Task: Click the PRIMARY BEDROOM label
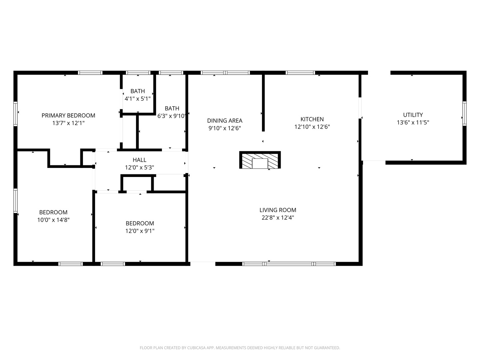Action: [68, 115]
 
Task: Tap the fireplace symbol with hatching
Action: [260, 160]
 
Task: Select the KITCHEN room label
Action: [312, 119]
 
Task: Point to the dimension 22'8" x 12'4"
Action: [278, 218]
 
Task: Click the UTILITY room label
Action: [413, 115]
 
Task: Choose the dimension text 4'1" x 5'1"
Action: [138, 99]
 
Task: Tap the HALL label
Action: [139, 160]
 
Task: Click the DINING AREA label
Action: [225, 121]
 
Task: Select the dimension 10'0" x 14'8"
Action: [53, 220]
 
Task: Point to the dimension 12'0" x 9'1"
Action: [140, 231]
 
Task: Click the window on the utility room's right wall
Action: [464, 114]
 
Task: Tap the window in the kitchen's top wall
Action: [300, 73]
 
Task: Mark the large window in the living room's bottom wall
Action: [289, 264]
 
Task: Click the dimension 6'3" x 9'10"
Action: [172, 116]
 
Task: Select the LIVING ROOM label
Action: [278, 210]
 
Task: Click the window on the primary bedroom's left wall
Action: [15, 114]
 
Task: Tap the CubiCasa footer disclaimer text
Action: [240, 348]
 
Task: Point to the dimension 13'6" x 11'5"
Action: [413, 122]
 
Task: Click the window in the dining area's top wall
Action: [225, 73]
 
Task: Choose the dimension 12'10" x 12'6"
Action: [312, 127]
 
